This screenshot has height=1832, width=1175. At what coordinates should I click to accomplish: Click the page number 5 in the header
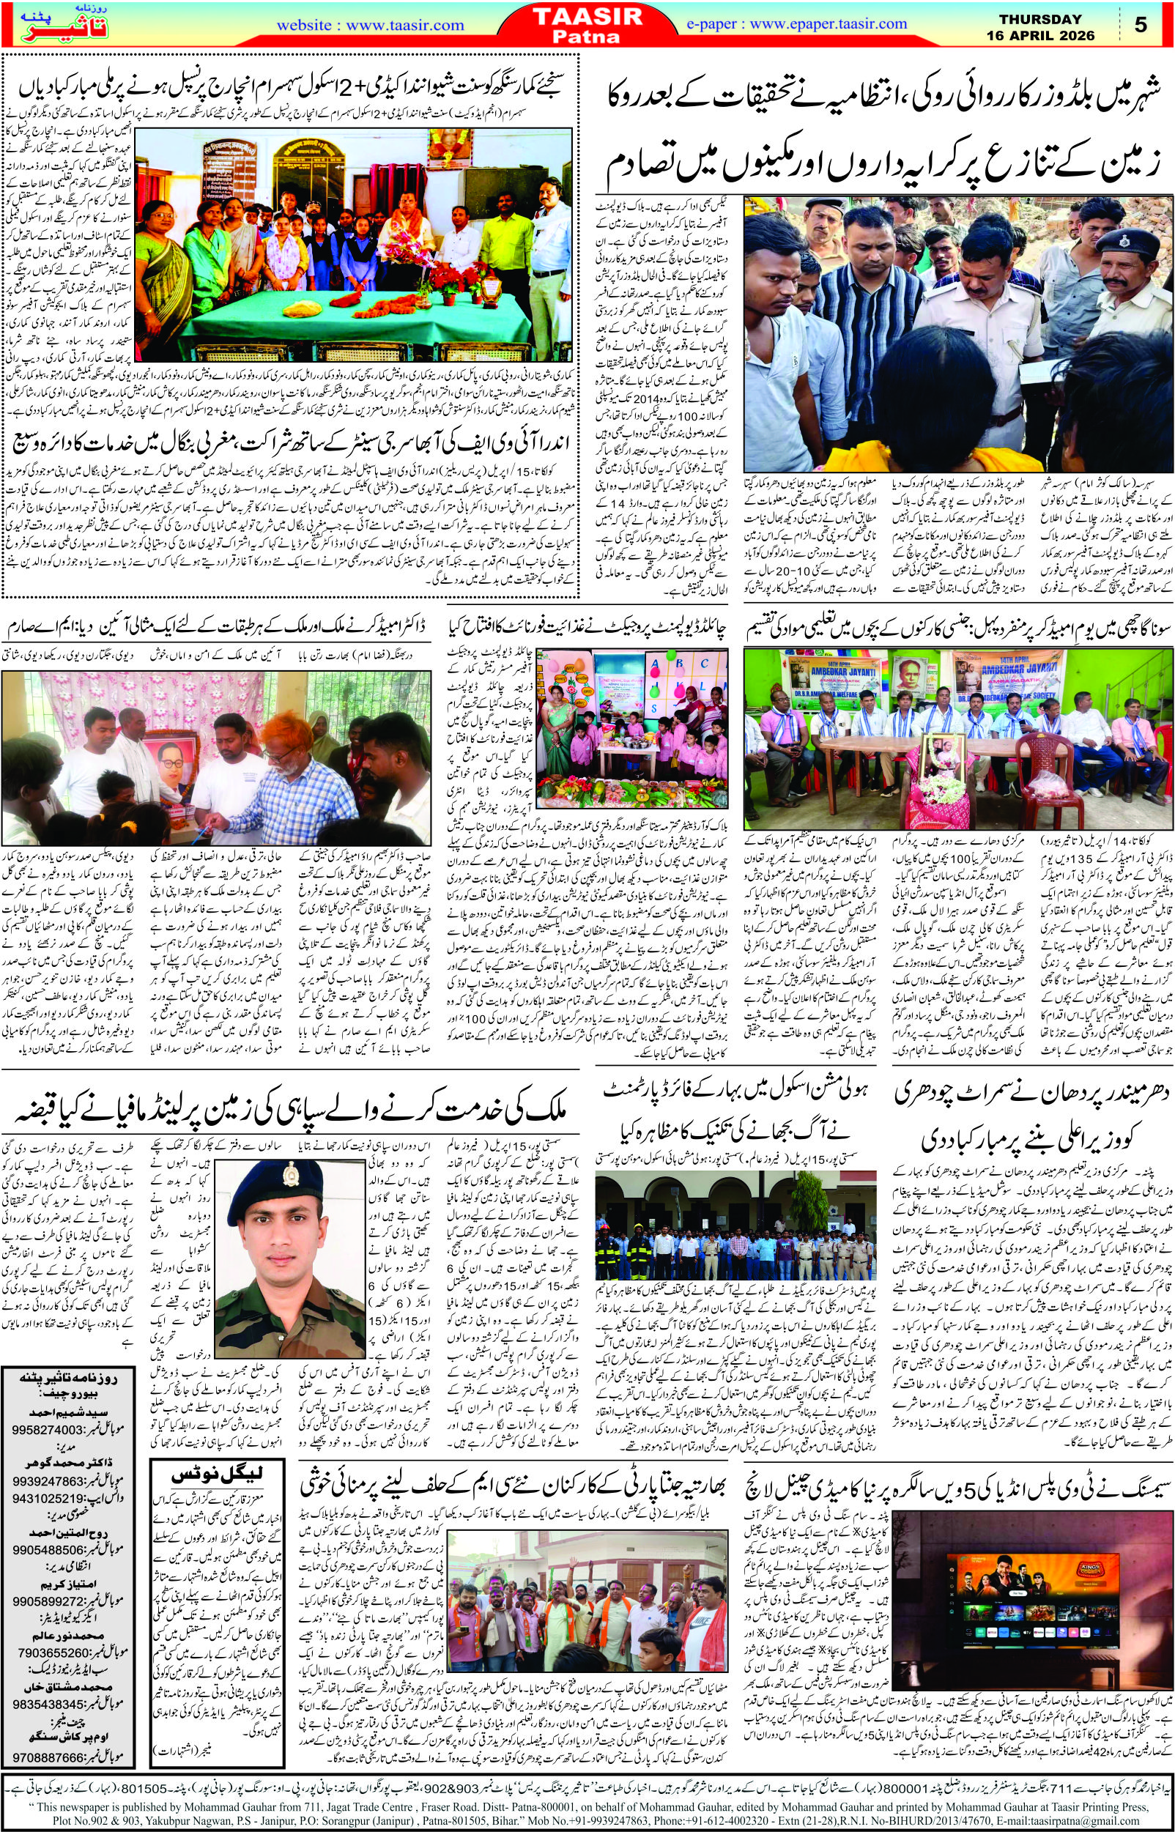point(1141,25)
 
